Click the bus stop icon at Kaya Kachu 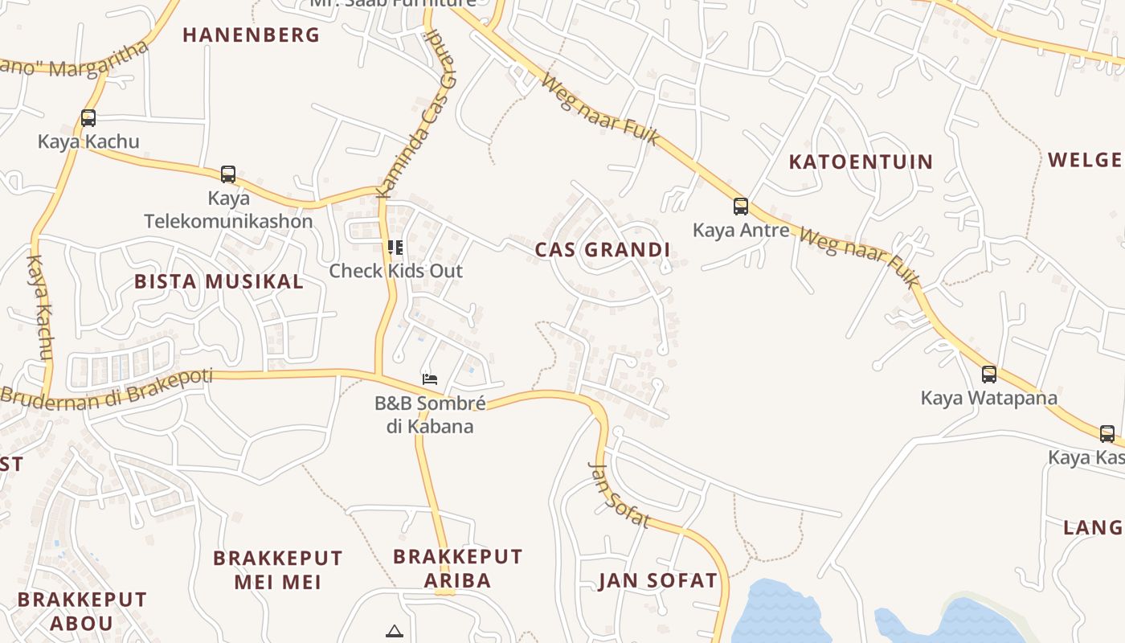coord(88,118)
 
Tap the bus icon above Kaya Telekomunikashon coord(228,174)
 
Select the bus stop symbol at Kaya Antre coord(741,207)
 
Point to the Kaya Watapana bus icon coord(989,374)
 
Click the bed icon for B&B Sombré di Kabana coord(430,379)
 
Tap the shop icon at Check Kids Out coord(395,247)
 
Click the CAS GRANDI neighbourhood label coord(603,250)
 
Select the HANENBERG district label coord(251,35)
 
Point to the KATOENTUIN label coord(861,162)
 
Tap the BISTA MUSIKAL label coord(219,281)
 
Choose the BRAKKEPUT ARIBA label coord(457,568)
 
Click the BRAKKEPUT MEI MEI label coord(277,570)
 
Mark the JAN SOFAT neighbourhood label coord(657,581)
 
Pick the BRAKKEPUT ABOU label coord(82,611)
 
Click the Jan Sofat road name coord(619,494)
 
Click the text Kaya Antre coord(741,231)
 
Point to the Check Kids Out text coord(395,271)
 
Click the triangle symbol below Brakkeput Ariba coord(394,631)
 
